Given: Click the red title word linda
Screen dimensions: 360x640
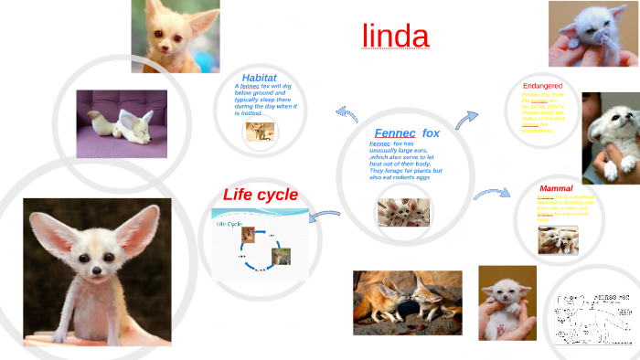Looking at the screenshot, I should [x=395, y=36].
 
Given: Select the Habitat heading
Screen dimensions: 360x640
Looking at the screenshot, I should [x=259, y=78].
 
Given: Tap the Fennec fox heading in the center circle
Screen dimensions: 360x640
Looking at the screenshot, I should [x=407, y=132].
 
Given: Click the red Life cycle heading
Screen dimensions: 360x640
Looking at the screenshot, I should [x=261, y=195].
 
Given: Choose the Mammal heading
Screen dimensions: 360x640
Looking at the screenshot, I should [x=556, y=188].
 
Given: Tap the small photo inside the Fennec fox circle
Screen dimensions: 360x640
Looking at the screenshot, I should [x=403, y=212].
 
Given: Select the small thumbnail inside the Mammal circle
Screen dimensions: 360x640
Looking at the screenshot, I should [x=557, y=239].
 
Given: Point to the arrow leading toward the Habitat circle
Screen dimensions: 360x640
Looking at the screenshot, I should [x=347, y=113].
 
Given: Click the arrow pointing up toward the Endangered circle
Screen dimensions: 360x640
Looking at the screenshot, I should [x=467, y=119].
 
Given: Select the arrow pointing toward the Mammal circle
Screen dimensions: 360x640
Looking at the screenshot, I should [x=491, y=194].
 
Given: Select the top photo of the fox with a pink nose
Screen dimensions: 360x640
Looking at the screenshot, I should [x=175, y=36].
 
